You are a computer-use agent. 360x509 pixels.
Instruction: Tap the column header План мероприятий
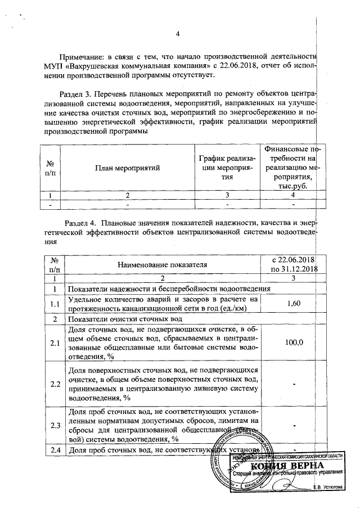[x=128, y=168]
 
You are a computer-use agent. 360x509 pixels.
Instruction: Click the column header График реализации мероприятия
[x=226, y=168]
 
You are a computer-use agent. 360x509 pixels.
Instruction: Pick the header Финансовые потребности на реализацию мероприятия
[x=290, y=168]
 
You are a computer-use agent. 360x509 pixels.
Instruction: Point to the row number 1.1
[x=55, y=304]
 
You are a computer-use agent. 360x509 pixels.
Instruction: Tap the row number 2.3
[x=55, y=425]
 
